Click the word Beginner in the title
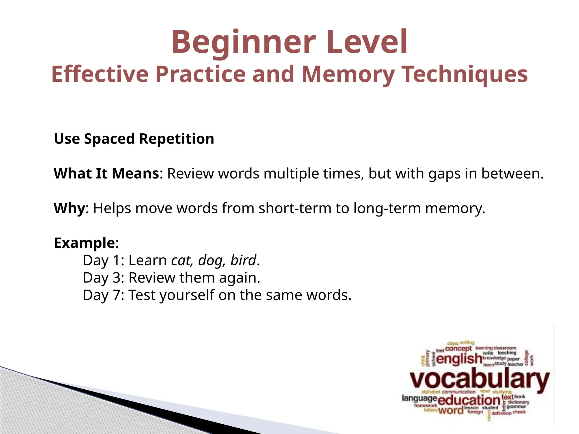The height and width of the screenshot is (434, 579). (x=243, y=42)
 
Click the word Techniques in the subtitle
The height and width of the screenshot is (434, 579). (x=465, y=74)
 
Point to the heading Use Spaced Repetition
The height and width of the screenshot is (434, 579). (x=134, y=139)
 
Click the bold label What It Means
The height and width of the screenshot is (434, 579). (x=106, y=173)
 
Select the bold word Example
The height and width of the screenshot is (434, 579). (x=84, y=243)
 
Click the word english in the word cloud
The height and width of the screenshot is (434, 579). (x=459, y=359)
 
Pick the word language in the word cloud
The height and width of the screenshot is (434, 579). (x=419, y=398)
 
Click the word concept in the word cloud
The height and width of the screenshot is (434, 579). (x=458, y=349)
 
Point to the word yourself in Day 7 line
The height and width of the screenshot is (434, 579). (x=187, y=296)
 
